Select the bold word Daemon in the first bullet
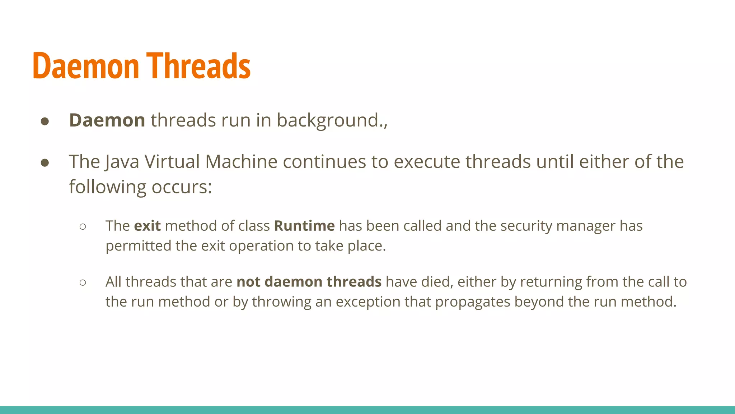pyautogui.click(x=107, y=120)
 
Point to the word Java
pyautogui.click(x=122, y=162)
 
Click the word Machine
pyautogui.click(x=241, y=162)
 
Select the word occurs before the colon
pyautogui.click(x=179, y=187)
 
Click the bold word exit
pyautogui.click(x=147, y=226)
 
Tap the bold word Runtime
pyautogui.click(x=304, y=226)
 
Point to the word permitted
pyautogui.click(x=138, y=246)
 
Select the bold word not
pyautogui.click(x=248, y=282)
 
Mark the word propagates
pyautogui.click(x=472, y=302)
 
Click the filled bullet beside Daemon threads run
pyautogui.click(x=45, y=121)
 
